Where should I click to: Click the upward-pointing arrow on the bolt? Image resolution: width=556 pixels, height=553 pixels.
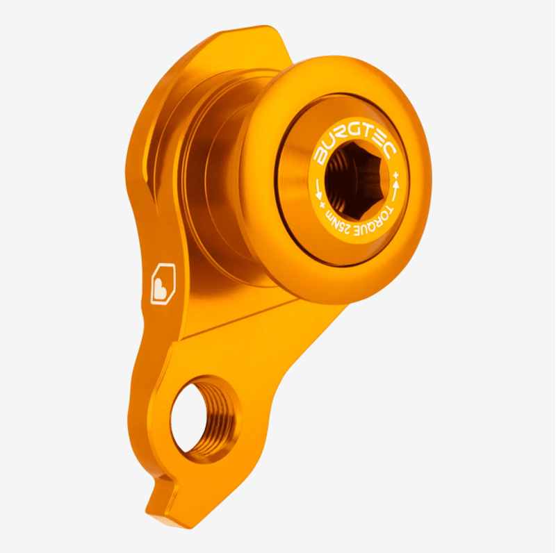[396, 185]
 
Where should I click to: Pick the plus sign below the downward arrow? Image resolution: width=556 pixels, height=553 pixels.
[322, 205]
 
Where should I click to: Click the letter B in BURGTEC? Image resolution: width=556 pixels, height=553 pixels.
[321, 156]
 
